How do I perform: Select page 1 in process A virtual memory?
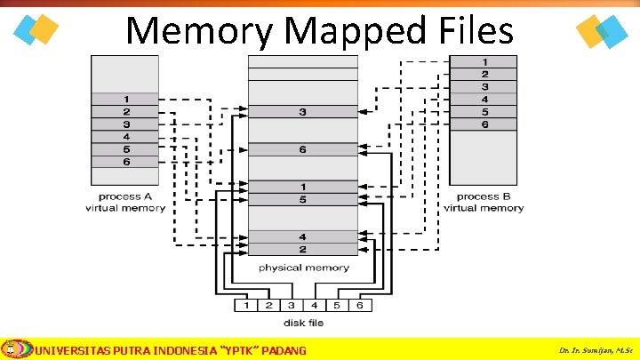pos(126,99)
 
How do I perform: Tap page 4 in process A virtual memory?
pos(126,137)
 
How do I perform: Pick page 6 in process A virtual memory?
pos(126,162)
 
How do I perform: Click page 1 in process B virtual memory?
pos(484,61)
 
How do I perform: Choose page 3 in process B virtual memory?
pos(484,86)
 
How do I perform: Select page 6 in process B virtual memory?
pos(484,124)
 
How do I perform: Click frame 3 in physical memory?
pos(303,112)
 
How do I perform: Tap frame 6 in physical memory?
pos(303,149)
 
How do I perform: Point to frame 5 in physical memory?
pos(303,199)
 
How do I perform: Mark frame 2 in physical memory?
pos(303,249)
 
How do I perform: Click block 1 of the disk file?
pos(246,306)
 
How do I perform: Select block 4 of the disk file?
pos(314,306)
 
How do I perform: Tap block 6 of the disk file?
pos(359,306)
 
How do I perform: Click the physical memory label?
pos(303,268)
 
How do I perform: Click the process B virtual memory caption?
pos(484,202)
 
